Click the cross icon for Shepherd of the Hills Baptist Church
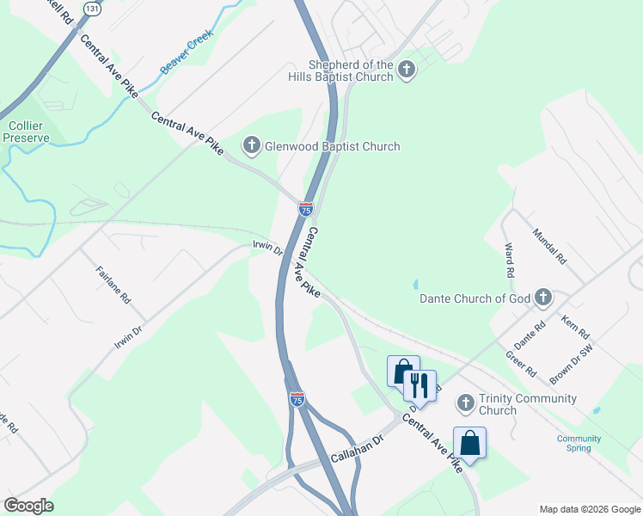[x=407, y=71]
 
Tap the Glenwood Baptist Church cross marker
[x=252, y=146]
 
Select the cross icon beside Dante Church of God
[x=542, y=298]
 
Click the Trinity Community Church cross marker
[x=465, y=403]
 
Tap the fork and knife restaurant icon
[x=419, y=384]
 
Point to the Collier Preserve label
[x=26, y=132]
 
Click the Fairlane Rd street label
[x=113, y=285]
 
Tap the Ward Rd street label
[x=509, y=260]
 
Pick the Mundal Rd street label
[x=550, y=246]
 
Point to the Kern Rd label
[x=574, y=328]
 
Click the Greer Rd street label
[x=521, y=365]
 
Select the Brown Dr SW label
[x=572, y=363]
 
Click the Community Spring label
[x=579, y=444]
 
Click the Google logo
[x=28, y=506]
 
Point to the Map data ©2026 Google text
[x=589, y=509]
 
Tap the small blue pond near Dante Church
[x=415, y=284]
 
